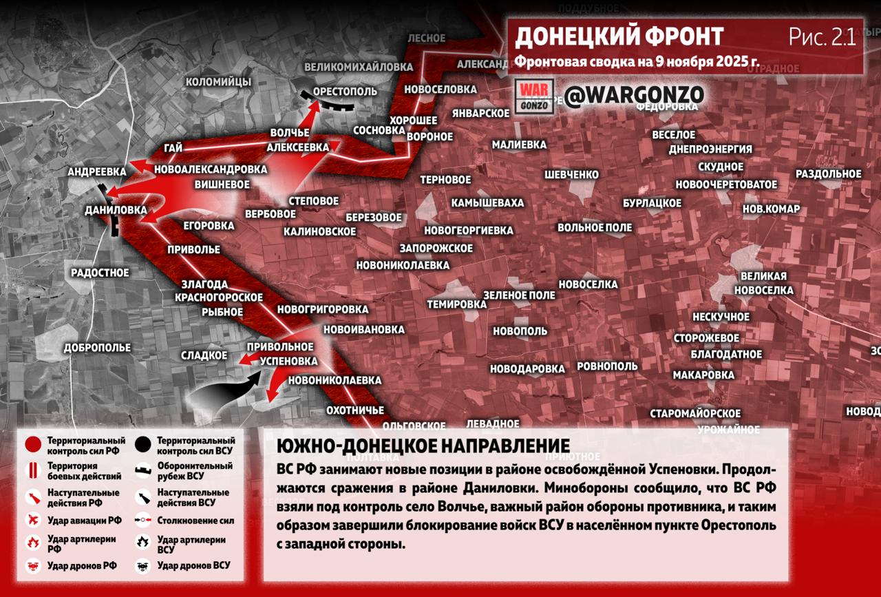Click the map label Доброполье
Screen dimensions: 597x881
pos(97,348)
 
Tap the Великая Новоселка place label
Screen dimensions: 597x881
pos(763,283)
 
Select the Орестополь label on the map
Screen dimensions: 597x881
pos(345,92)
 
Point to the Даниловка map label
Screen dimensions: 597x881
pos(116,209)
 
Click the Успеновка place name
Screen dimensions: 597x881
pos(289,361)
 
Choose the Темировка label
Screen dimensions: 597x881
pos(456,304)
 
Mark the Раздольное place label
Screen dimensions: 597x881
pos(828,174)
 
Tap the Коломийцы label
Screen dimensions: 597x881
pos(218,82)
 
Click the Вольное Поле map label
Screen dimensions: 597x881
pos(595,227)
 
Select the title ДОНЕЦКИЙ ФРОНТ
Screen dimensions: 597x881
pos(619,36)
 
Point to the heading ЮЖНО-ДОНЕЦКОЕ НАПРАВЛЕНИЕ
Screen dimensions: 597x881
pos(423,446)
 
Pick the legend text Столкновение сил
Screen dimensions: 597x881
pos(195,521)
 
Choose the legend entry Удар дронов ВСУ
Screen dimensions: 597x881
pos(193,566)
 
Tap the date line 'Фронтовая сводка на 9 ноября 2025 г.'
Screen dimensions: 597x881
pos(637,61)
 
